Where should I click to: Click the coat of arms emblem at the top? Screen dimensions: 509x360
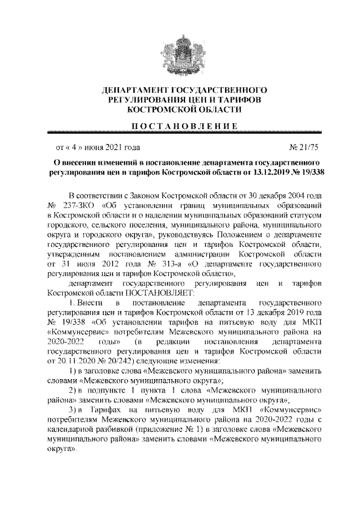click(x=179, y=51)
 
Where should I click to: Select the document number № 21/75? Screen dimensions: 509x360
click(x=304, y=147)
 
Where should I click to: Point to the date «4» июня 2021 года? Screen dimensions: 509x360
click(x=96, y=147)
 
